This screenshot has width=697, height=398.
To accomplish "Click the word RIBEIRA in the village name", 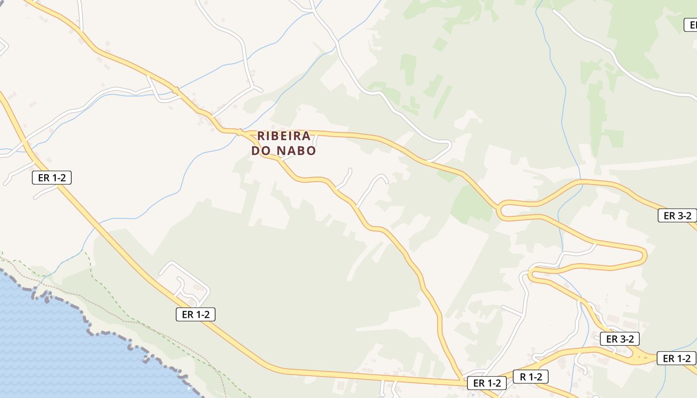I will (284, 136).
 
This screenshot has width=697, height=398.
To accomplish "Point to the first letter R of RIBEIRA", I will (261, 136).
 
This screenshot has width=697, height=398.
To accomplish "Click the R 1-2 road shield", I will (531, 377).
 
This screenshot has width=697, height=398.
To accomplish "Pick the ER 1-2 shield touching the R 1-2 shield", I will (486, 383).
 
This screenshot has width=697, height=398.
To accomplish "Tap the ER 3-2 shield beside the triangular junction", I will (620, 339).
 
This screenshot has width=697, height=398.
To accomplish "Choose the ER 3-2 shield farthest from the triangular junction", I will (678, 215).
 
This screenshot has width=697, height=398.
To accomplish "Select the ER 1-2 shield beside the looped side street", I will (195, 314).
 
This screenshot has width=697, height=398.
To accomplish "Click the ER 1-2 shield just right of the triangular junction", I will (677, 358).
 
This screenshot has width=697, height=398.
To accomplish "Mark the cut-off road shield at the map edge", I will (691, 25).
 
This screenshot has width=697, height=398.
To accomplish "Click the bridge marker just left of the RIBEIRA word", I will (240, 132).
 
